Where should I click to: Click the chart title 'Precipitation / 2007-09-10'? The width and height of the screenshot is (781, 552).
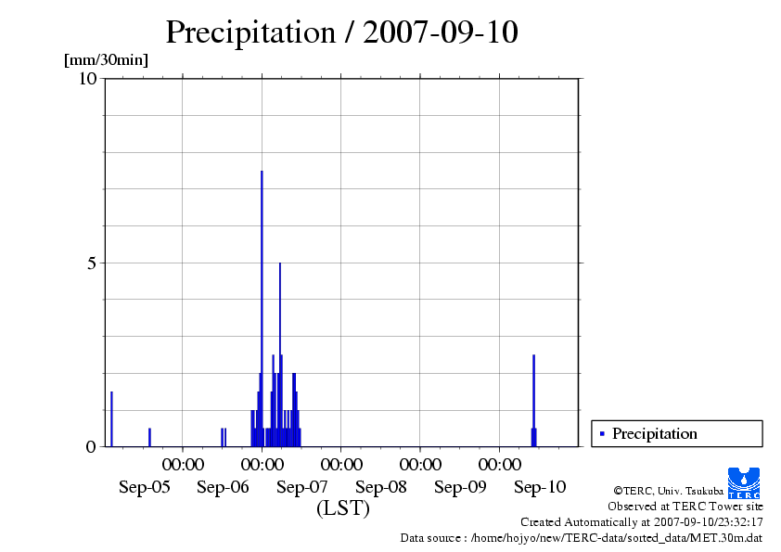341,32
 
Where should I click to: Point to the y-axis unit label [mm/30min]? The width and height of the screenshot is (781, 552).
106,60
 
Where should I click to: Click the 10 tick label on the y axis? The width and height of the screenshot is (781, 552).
87,78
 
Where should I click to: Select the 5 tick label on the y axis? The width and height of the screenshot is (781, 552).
91,263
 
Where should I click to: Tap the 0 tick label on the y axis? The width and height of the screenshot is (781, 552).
91,447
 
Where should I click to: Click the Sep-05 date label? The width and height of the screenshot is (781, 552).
144,487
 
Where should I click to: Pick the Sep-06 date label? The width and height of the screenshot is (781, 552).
224,487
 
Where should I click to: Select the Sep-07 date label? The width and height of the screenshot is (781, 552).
302,487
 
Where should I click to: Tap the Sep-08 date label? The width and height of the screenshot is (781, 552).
381,487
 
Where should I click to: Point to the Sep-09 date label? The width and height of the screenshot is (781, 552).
461,487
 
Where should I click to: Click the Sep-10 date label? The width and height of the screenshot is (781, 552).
540,487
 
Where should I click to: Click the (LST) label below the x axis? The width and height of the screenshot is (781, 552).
342,508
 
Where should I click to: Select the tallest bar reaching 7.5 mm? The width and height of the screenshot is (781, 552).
262,306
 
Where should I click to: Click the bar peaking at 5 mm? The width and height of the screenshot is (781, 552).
280,353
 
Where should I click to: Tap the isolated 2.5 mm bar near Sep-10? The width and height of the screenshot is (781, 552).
533,399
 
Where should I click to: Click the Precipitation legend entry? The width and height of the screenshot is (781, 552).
649,433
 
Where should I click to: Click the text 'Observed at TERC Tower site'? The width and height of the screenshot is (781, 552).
685,507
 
